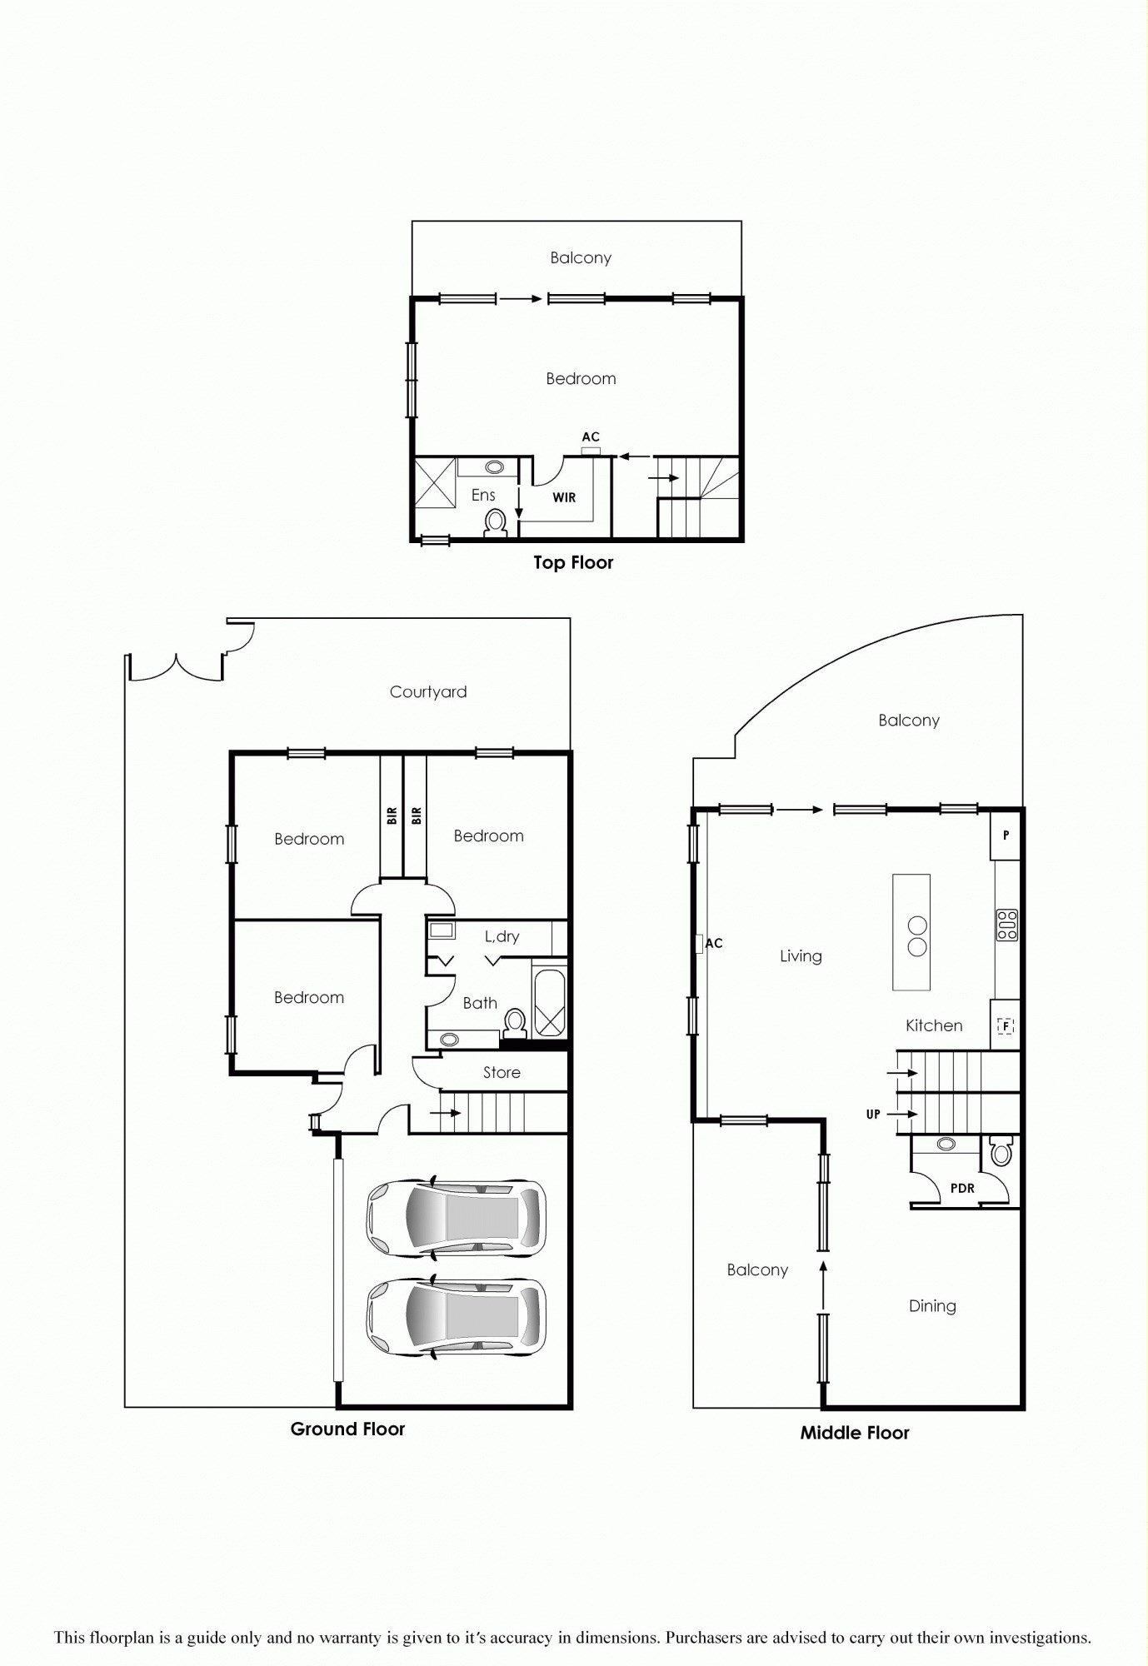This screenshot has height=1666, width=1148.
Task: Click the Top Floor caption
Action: tap(573, 563)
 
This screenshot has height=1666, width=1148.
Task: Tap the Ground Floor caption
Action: tap(347, 1429)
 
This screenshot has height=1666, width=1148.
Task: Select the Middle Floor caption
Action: tap(855, 1433)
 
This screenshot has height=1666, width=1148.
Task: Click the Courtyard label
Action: tap(428, 692)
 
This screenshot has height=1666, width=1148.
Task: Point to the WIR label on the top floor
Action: tap(564, 497)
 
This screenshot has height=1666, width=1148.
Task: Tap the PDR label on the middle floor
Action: tap(962, 1189)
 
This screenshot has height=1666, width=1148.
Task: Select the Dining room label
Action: tap(932, 1306)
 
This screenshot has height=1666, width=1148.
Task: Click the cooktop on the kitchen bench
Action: tap(1007, 925)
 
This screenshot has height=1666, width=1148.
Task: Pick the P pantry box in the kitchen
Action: tap(1006, 835)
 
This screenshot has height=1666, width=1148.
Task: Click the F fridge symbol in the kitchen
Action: tap(1006, 1025)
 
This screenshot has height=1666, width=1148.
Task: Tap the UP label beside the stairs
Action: tap(873, 1115)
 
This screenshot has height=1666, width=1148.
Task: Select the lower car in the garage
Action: tap(457, 1317)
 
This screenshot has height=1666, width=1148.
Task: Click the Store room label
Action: tap(502, 1073)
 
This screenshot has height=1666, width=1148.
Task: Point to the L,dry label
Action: tap(502, 937)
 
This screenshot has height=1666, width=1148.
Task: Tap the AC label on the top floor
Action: tap(591, 437)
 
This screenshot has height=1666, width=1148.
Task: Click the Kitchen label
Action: tap(934, 1026)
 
